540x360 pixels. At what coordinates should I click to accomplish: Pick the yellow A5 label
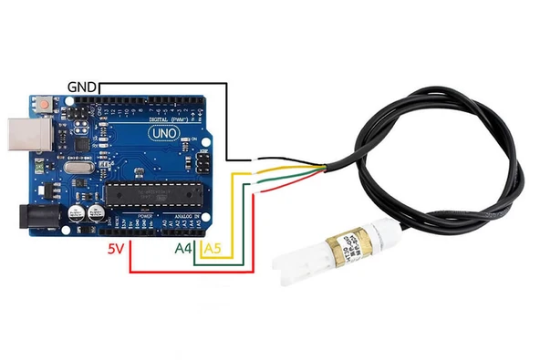211,247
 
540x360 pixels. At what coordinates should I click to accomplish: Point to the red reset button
44,106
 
